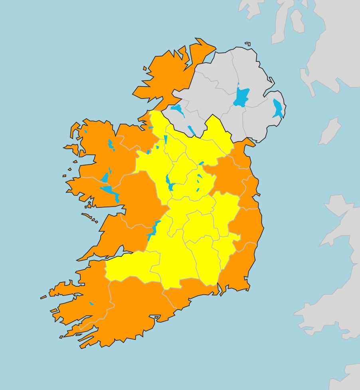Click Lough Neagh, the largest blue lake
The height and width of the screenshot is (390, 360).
241,97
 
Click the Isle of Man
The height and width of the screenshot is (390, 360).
329,131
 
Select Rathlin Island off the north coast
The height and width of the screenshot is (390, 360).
247,43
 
